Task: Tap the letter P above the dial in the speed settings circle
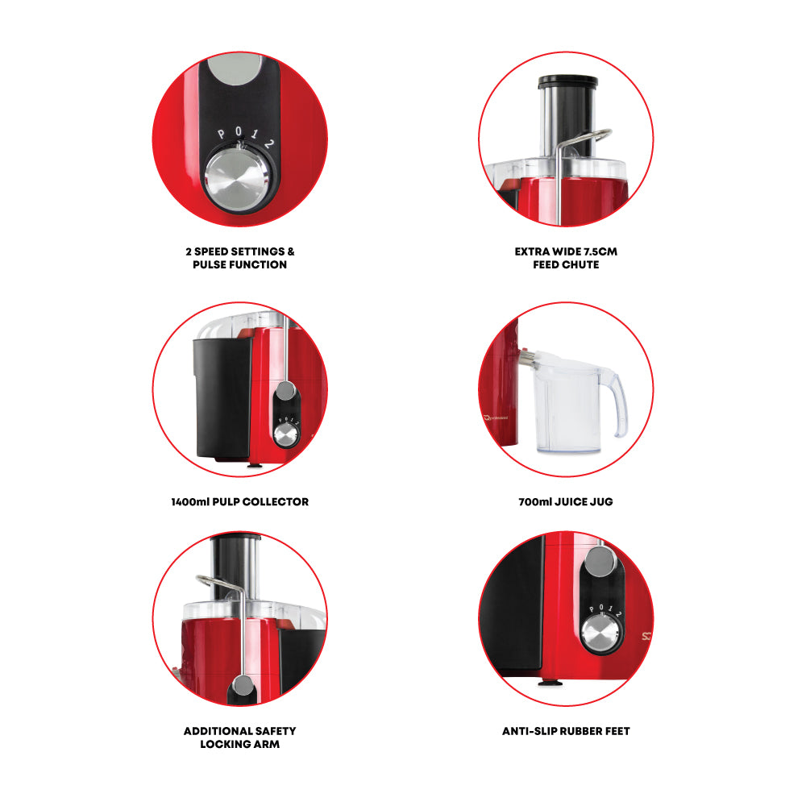pos(221,135)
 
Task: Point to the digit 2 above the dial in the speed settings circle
pos(269,144)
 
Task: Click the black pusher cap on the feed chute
pos(568,81)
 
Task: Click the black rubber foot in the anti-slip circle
pos(550,683)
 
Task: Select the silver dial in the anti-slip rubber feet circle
pos(600,633)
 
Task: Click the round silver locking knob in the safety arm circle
pos(243,686)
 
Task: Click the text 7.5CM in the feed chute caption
pos(600,251)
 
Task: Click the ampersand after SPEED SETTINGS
pos(291,251)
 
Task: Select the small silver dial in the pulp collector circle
pos(286,436)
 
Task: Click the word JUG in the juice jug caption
pos(601,501)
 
